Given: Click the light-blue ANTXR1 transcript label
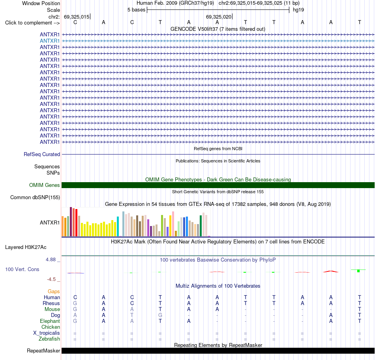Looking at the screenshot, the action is (x=50, y=41).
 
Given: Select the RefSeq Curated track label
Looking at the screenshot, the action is (x=42, y=155).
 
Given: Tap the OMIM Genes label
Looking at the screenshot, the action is (x=45, y=185).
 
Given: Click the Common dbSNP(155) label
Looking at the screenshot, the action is (x=35, y=198).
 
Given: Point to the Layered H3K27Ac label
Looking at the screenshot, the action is (x=26, y=247).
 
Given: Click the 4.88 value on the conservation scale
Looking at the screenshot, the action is (x=51, y=260).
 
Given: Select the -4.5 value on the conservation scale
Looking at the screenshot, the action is (x=51, y=279).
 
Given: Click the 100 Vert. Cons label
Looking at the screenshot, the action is (x=22, y=269).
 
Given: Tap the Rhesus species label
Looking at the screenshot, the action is (x=51, y=303).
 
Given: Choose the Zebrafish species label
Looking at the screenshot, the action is (x=49, y=339).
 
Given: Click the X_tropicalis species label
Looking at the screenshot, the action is (x=47, y=333).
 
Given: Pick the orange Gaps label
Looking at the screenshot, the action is (x=54, y=291).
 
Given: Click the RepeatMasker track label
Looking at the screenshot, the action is (x=43, y=351).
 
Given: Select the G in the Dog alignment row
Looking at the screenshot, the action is (x=160, y=315).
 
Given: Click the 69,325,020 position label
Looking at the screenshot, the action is (x=219, y=17).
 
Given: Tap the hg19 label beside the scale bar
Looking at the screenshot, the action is (x=298, y=10).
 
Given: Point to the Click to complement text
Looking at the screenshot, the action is (x=29, y=23).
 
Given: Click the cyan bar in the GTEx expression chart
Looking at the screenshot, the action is (x=118, y=226).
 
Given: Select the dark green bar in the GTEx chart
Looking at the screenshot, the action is (x=201, y=226).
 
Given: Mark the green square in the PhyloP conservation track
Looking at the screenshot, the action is (x=358, y=271).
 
